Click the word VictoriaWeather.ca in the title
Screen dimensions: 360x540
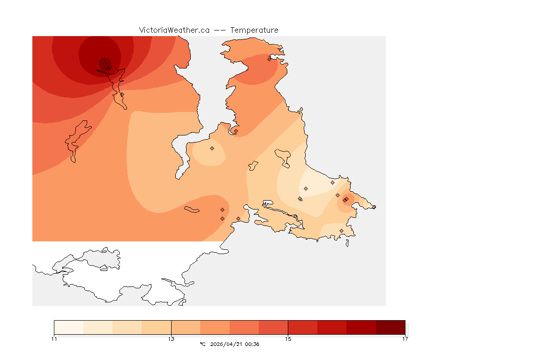(x=174, y=30)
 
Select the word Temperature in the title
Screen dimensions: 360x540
(x=254, y=30)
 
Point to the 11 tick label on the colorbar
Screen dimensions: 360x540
(x=54, y=339)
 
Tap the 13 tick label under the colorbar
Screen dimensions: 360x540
(x=171, y=339)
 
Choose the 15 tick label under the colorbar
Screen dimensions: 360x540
(x=288, y=339)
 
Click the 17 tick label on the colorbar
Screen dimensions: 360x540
(x=405, y=339)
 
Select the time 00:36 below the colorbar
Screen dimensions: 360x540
(x=252, y=345)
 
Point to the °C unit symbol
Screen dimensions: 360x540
(x=202, y=345)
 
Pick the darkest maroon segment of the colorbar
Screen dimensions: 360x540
(x=390, y=327)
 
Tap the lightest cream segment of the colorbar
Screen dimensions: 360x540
(x=68, y=327)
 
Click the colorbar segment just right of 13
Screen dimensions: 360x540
(x=186, y=327)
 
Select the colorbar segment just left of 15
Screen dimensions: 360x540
(x=273, y=327)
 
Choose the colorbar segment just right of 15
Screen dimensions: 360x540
(x=302, y=327)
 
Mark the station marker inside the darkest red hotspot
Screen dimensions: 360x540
(x=108, y=68)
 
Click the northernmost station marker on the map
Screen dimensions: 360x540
(x=269, y=59)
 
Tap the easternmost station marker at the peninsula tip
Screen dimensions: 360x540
(x=374, y=207)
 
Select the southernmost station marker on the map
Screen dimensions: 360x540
(x=341, y=231)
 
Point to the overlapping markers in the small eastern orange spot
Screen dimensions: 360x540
(x=345, y=200)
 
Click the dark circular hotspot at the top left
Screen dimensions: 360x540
(x=105, y=63)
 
